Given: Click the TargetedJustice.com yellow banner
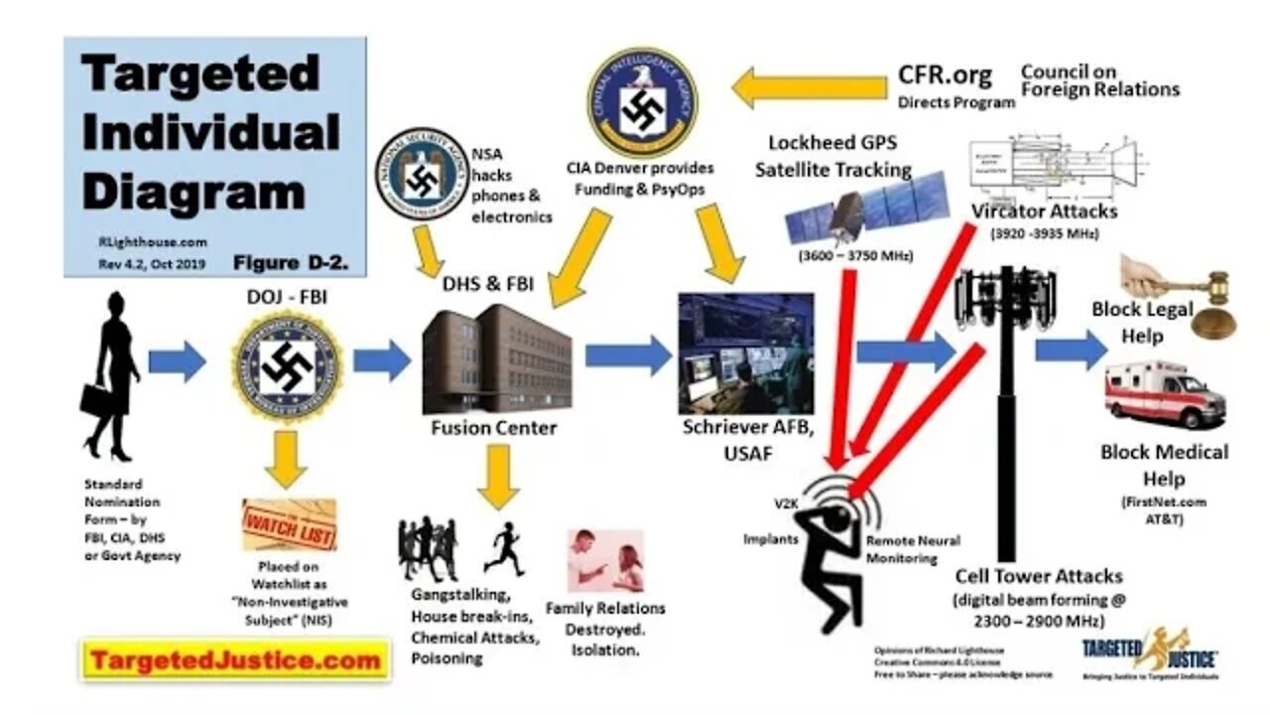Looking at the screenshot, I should (x=234, y=659).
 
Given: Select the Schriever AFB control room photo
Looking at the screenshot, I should (x=745, y=353).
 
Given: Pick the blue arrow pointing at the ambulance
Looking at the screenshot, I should (x=1069, y=350).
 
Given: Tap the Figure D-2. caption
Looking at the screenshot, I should (x=289, y=263).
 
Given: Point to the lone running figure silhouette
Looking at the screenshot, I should (x=506, y=549).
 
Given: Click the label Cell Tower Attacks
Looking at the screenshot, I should (x=1039, y=577).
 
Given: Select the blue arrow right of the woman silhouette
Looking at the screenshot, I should (x=177, y=360).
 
